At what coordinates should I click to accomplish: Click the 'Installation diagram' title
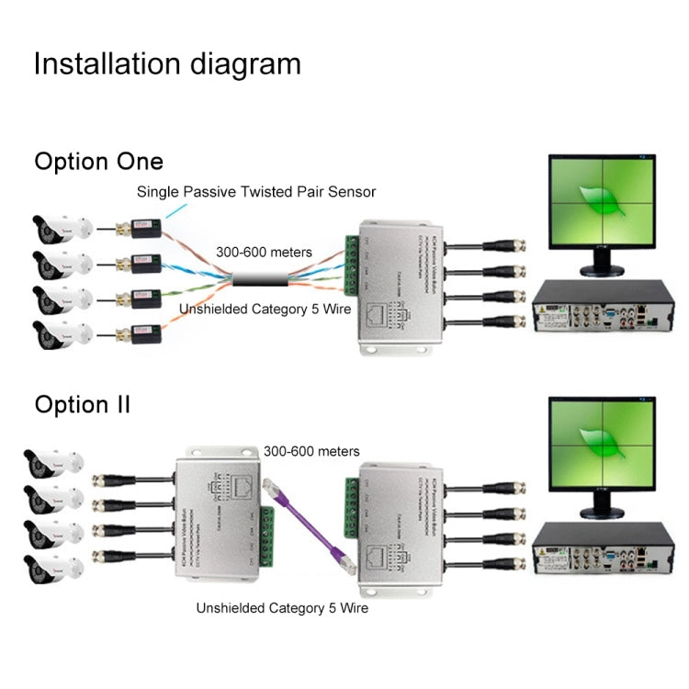pos(167,63)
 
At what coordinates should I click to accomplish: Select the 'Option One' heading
pos(98,162)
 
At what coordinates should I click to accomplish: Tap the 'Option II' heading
pos(83,404)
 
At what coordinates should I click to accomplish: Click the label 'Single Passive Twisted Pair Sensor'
pos(256,192)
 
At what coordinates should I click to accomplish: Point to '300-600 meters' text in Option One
pos(264,251)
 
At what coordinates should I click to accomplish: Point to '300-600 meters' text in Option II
pos(311,451)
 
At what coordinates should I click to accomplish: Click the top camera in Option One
pos(61,227)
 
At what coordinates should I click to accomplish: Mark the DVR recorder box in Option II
pos(603,551)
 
